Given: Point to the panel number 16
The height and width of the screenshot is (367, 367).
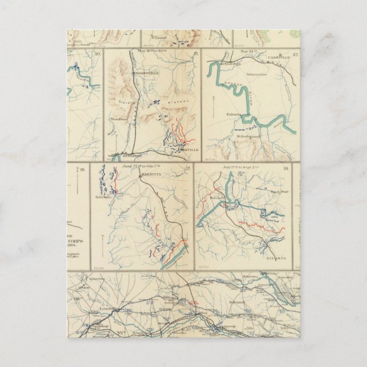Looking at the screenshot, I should click(x=82, y=169).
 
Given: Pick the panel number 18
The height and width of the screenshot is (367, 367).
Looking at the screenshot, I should click(x=286, y=169).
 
